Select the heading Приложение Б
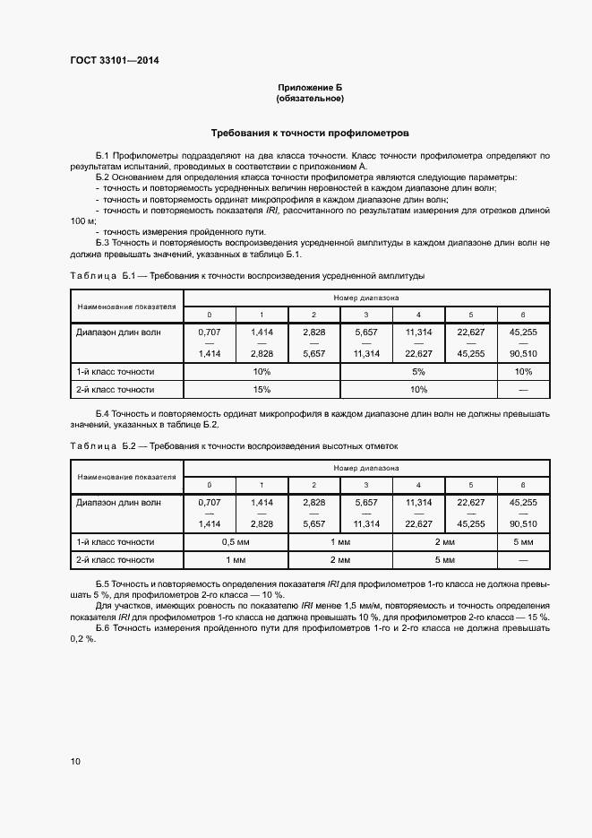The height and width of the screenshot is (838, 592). pos(310,87)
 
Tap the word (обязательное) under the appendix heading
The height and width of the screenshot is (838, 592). pos(310,98)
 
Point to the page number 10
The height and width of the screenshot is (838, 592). pos(75,761)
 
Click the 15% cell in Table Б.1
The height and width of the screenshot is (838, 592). pos(262,390)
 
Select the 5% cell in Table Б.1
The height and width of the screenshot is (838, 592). pos(418,371)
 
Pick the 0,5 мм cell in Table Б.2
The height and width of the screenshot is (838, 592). pos(236,542)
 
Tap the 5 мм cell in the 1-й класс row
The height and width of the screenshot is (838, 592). pos(523,542)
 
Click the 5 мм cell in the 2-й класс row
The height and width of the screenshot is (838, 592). pos(444,560)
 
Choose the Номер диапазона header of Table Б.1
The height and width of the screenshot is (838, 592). pos(367,297)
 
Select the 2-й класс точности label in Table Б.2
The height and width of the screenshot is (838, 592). pos(116,560)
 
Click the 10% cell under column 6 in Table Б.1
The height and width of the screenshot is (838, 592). pos(523,371)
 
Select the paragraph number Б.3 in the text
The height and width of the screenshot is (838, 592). pos(102,243)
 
